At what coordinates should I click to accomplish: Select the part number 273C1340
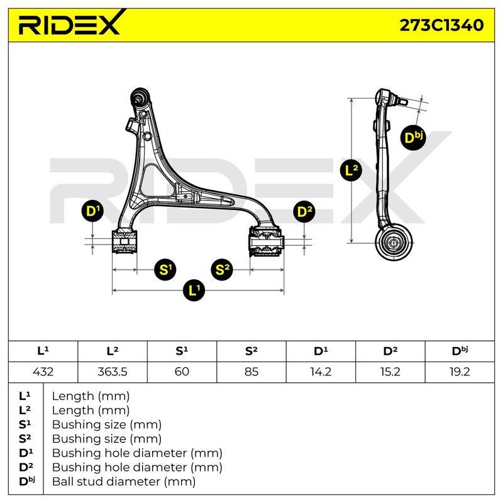tap(441, 25)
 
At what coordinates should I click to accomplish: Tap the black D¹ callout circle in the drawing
tap(92, 211)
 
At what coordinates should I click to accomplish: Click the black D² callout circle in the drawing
tap(304, 212)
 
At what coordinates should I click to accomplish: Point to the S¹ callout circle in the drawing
tap(165, 270)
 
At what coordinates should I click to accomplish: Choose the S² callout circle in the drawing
tap(222, 270)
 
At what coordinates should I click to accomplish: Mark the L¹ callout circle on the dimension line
tap(194, 290)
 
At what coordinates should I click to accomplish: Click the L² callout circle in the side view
tap(351, 170)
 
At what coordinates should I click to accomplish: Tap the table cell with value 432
tap(43, 372)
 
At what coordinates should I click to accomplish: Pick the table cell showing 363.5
tap(113, 372)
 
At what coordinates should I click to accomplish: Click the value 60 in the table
tap(182, 372)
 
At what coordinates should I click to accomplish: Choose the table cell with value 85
tap(251, 372)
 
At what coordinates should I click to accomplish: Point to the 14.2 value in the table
tap(321, 372)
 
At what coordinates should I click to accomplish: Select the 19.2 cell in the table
tap(460, 372)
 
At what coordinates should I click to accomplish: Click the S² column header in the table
tap(251, 351)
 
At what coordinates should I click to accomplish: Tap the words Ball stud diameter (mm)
tap(124, 482)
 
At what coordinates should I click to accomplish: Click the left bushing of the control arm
tap(124, 241)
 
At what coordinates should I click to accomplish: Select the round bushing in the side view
tap(394, 243)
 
